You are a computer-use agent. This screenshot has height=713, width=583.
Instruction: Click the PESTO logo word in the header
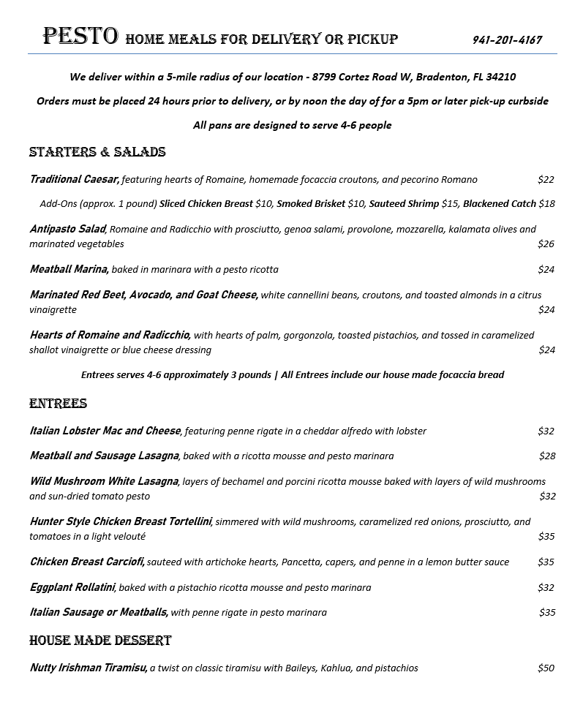[80, 36]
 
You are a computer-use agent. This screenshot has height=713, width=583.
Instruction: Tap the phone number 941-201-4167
[507, 39]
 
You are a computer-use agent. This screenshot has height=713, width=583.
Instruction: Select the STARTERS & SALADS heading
[97, 152]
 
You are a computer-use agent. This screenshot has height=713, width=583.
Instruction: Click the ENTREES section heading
[58, 404]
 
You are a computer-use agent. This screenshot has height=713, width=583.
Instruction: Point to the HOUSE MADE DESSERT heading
[100, 641]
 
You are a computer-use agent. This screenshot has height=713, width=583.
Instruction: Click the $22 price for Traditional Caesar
[546, 179]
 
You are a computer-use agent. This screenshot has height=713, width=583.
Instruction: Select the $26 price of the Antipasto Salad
[546, 244]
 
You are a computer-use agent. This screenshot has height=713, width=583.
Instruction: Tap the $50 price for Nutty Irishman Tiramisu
[546, 668]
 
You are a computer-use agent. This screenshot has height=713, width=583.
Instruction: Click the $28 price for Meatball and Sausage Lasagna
[547, 456]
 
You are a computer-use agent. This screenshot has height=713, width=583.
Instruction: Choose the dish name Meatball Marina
[69, 269]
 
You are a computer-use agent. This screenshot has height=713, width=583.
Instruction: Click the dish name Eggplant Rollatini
[72, 587]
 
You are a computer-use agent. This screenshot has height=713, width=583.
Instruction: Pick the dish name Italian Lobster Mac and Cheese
[105, 431]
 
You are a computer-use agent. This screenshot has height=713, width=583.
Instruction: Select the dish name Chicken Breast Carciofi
[87, 562]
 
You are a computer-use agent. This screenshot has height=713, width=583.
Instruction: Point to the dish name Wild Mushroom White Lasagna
[104, 481]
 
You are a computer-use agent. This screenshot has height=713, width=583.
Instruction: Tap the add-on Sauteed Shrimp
[404, 203]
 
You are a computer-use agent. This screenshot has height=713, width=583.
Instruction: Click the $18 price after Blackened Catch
[546, 203]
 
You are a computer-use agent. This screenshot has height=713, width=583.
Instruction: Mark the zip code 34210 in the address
[500, 77]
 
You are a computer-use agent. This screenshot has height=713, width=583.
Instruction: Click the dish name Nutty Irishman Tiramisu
[89, 668]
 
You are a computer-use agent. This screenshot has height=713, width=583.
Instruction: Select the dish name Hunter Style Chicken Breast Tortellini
[121, 521]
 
